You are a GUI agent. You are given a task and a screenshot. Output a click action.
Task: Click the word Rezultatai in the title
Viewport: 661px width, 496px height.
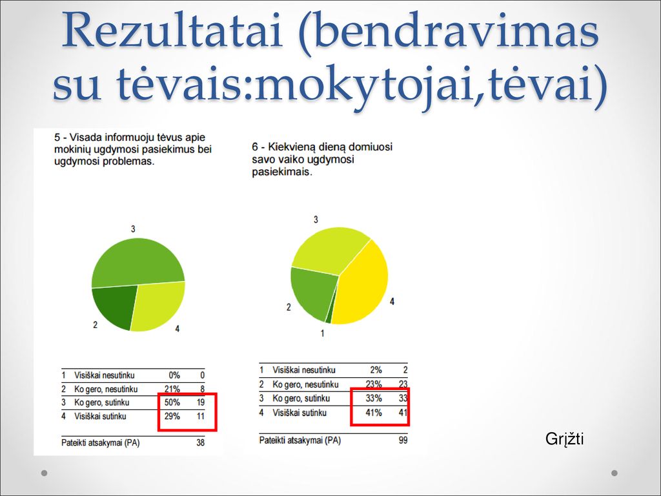[x=172, y=30]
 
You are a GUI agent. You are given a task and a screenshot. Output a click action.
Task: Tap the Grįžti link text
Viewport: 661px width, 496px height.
[x=564, y=439]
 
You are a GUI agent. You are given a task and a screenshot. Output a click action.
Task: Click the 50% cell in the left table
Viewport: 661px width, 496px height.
[x=172, y=402]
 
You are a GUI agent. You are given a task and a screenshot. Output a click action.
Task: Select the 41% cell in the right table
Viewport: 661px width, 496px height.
[x=374, y=413]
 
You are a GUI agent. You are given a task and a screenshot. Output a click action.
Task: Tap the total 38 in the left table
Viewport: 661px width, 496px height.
[x=200, y=442]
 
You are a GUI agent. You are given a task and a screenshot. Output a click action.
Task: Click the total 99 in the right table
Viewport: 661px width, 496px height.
[x=403, y=440]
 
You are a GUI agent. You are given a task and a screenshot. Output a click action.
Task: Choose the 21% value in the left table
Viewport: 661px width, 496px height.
[x=172, y=389]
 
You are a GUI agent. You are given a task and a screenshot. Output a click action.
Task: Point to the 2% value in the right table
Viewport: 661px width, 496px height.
[x=376, y=370]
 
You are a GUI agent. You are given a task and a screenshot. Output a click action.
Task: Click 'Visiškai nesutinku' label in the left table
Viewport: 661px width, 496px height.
[x=104, y=375]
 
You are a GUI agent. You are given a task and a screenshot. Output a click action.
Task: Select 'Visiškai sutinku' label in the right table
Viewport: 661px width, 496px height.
[x=300, y=413]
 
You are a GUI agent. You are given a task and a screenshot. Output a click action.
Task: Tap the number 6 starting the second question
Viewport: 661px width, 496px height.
[x=254, y=147]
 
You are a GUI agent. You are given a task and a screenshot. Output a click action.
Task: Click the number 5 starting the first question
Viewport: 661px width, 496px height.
[x=57, y=137]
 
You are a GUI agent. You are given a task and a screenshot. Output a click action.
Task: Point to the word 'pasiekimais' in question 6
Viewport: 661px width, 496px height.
[x=282, y=172]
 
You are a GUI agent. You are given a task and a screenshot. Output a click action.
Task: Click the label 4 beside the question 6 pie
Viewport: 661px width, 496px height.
[x=392, y=302]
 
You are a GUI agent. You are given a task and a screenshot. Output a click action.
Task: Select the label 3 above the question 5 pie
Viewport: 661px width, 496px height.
[x=133, y=229]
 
